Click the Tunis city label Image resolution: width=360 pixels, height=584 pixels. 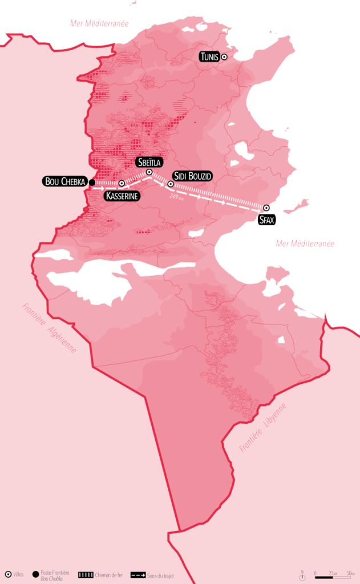(x=209, y=56)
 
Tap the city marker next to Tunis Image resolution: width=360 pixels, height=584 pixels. (x=224, y=56)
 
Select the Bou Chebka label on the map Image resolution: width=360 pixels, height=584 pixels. (x=64, y=182)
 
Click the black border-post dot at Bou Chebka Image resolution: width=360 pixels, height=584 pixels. (x=92, y=182)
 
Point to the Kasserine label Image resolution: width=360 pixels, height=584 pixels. (x=122, y=196)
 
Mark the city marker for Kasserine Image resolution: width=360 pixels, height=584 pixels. (x=122, y=183)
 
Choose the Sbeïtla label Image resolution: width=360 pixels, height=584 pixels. (x=149, y=161)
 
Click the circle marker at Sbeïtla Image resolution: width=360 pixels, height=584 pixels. (x=149, y=172)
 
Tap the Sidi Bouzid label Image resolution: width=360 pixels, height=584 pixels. (x=193, y=176)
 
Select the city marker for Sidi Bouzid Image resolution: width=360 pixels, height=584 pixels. (x=170, y=184)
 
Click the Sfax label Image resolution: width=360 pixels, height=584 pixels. (x=266, y=220)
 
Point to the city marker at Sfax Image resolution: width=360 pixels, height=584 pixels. (x=266, y=208)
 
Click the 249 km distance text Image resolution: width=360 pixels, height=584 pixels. (x=177, y=197)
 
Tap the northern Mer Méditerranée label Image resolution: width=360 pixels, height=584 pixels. (x=99, y=23)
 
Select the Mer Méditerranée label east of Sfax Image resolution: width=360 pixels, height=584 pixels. (x=305, y=244)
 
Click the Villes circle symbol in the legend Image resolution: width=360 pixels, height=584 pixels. (x=8, y=574)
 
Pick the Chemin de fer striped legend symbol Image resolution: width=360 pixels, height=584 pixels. (x=86, y=574)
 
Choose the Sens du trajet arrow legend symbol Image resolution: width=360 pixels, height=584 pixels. (x=137, y=574)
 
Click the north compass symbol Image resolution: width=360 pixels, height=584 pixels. (x=302, y=577)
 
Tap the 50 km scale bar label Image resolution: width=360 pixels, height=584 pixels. (x=350, y=573)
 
